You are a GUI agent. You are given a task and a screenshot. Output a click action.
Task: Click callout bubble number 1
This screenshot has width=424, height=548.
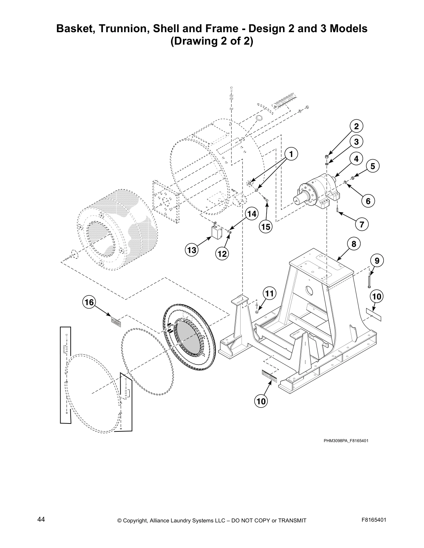pyautogui.click(x=291, y=154)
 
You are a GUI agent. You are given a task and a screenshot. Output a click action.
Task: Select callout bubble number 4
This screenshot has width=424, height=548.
pyautogui.click(x=356, y=159)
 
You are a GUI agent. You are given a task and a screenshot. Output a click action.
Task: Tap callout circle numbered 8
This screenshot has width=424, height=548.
pyautogui.click(x=354, y=244)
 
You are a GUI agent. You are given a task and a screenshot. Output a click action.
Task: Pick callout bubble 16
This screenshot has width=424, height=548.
pyautogui.click(x=89, y=302)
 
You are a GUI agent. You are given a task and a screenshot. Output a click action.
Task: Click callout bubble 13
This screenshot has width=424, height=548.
pyautogui.click(x=192, y=250)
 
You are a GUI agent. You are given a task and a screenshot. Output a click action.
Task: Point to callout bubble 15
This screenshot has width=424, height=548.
pyautogui.click(x=266, y=227)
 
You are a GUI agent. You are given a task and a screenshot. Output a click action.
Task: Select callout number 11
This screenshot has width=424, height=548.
pyautogui.click(x=269, y=294)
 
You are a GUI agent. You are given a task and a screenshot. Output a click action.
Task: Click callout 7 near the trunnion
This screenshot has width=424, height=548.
pyautogui.click(x=362, y=224)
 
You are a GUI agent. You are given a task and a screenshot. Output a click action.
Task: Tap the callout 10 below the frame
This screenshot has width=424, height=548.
pyautogui.click(x=261, y=401)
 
